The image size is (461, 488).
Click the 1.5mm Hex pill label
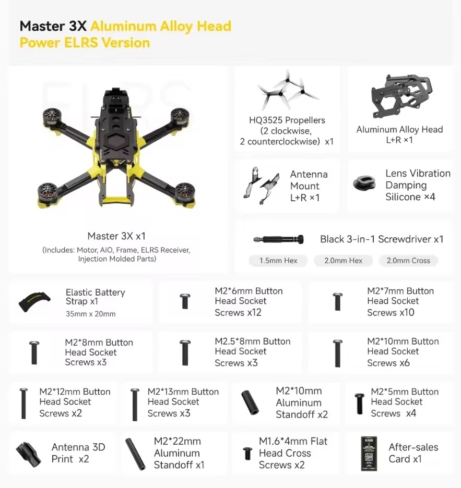coord(278,261)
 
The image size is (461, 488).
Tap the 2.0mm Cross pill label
coord(408,261)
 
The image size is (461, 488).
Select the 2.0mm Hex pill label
coord(343,261)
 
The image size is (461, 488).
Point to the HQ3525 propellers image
coord(286,91)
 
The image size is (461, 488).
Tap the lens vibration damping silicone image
coord(364,184)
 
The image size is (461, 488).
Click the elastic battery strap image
coord(35,301)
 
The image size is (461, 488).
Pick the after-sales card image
coord(369,453)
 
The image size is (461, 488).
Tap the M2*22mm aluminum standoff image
coord(136,454)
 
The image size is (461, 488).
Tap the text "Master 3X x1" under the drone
coord(116,236)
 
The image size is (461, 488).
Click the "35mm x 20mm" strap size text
coord(90,314)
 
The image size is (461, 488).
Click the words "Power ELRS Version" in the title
coord(85,42)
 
